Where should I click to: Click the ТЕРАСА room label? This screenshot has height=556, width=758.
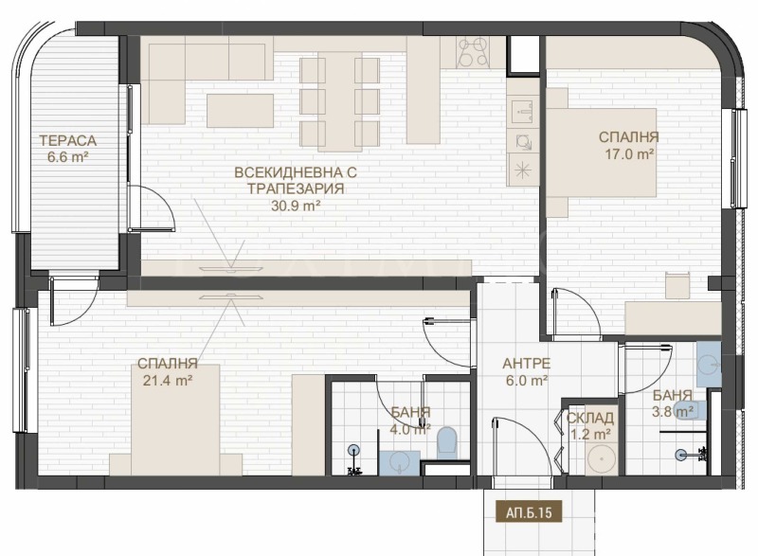(x=67, y=141)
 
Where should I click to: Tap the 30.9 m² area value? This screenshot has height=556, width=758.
(x=296, y=206)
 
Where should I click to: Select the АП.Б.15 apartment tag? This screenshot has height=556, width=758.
(x=529, y=512)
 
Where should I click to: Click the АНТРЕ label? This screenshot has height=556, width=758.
(x=527, y=364)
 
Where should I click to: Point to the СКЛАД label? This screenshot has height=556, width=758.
(x=590, y=419)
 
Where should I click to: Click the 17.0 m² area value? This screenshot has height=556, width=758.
(x=629, y=154)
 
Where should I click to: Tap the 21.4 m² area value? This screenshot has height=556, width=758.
(x=168, y=381)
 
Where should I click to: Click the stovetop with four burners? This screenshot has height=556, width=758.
(x=474, y=52)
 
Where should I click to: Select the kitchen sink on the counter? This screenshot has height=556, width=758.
(x=523, y=112)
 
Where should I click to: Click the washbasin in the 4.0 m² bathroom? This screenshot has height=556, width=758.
(x=400, y=462)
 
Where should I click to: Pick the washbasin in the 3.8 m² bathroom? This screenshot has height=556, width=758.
(x=709, y=364)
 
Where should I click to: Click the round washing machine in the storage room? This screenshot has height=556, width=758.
(x=601, y=458)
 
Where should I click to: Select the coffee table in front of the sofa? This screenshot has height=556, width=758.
(x=241, y=111)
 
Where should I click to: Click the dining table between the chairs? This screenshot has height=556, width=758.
(x=340, y=101)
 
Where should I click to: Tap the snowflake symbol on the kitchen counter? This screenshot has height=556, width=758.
(x=523, y=170)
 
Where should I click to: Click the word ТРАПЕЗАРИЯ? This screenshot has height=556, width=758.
(x=296, y=188)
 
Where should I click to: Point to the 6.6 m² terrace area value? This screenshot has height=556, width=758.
(x=67, y=157)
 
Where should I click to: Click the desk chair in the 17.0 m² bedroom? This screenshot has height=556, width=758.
(x=677, y=285)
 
